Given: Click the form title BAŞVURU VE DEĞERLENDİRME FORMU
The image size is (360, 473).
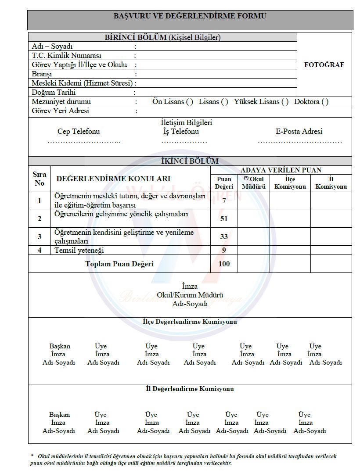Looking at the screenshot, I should coord(190,16).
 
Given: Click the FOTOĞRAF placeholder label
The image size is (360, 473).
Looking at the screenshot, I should coord(324,64).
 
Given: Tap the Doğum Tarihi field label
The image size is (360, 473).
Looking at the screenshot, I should coord(54,92).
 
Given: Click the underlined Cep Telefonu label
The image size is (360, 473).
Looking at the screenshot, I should coord(79,132).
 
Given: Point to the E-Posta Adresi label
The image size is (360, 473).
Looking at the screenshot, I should coord(299,132).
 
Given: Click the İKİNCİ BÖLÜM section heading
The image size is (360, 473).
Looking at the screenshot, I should coord(190,161).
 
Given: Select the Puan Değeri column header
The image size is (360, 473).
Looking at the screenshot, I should coord(224,183).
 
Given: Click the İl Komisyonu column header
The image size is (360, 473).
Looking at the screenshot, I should coord(331,183).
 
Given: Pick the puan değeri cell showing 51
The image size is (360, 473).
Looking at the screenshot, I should coord(224,219).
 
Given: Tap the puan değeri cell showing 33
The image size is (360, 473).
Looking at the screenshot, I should coord(224,236).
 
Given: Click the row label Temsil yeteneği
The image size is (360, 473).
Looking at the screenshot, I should coord(79,251).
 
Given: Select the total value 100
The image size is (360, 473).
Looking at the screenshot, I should coord(224,264).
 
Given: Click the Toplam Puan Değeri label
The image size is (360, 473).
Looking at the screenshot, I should coord(119,264).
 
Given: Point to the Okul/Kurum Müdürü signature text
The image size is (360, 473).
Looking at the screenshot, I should coord(190,295).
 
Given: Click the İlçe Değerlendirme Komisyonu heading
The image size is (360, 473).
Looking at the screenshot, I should coord(190,322).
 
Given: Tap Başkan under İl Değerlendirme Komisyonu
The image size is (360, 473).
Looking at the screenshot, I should coord(59,415).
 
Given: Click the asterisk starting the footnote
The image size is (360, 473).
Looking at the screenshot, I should coord(32,456).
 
